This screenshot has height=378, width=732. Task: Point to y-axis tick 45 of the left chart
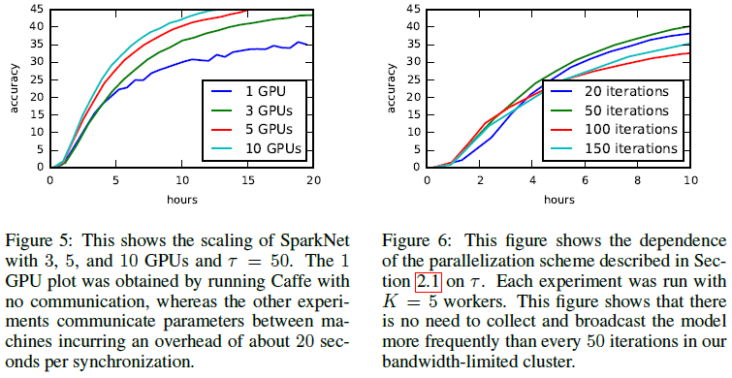(38, 10)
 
